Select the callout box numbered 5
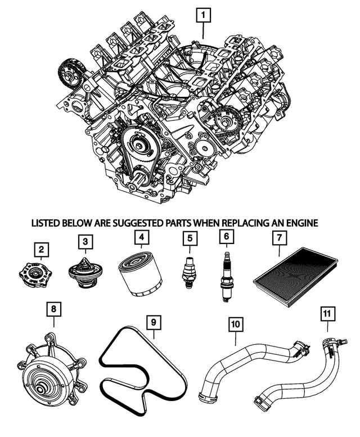pyautogui.click(x=190, y=238)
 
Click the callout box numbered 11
pyautogui.click(x=327, y=312)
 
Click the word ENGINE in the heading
pyautogui.click(x=300, y=223)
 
